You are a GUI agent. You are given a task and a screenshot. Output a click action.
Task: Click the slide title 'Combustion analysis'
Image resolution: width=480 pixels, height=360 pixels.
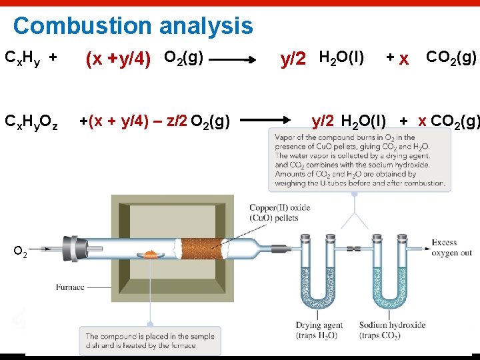(133, 26)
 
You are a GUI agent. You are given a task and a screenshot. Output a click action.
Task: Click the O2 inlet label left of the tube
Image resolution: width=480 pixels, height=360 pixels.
(20, 253)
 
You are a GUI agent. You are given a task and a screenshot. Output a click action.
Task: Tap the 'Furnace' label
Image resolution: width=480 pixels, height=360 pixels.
(70, 287)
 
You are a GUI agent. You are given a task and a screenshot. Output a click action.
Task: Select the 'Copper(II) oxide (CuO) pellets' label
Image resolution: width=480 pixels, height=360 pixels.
(279, 212)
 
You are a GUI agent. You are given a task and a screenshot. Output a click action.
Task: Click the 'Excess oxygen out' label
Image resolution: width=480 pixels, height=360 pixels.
(451, 247)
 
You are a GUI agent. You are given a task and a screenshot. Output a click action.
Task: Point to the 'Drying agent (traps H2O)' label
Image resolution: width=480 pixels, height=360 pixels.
(319, 330)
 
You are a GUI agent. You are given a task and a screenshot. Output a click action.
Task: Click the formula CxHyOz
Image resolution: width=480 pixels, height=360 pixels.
(31, 122)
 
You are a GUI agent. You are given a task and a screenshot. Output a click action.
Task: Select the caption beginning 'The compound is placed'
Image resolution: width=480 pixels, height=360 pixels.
(150, 341)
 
